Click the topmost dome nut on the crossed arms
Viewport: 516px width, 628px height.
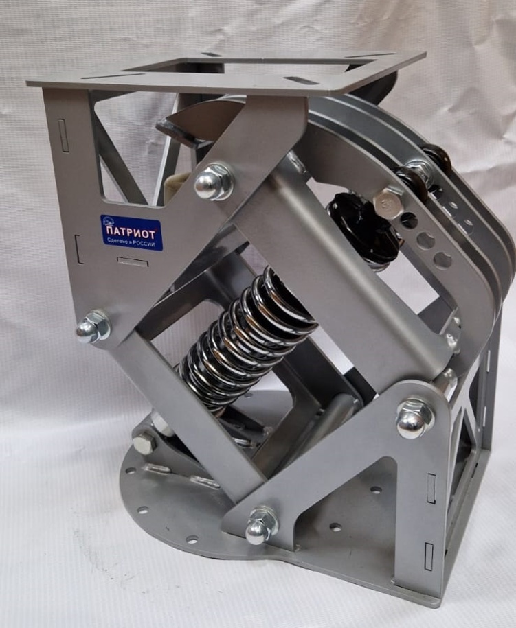tap(213, 183)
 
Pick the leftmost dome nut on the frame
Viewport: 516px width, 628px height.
tap(92, 327)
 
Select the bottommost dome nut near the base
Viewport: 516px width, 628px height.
tap(261, 526)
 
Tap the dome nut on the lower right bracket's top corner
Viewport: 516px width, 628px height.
tap(415, 419)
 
